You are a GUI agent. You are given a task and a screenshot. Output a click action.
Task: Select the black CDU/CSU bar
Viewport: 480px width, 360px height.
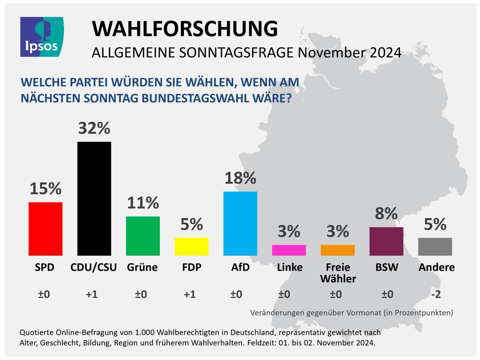click(94, 198)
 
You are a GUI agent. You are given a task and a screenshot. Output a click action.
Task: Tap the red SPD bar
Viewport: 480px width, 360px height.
click(46, 229)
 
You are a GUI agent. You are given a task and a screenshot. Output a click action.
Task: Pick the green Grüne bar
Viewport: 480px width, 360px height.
click(143, 236)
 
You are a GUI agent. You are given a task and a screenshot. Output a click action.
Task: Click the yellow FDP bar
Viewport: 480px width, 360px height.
click(192, 247)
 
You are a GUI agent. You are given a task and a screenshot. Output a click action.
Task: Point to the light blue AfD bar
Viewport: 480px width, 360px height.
click(240, 223)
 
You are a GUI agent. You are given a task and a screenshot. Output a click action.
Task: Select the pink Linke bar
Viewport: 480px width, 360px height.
click(289, 250)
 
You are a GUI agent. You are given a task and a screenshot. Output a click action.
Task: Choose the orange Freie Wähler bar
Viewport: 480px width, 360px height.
click(338, 250)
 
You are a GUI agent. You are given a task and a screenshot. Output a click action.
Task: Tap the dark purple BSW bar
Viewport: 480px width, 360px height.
click(386, 241)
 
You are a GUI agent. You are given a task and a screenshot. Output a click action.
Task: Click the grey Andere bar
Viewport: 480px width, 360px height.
click(435, 247)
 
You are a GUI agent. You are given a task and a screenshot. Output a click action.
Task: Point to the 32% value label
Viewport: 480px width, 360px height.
click(94, 129)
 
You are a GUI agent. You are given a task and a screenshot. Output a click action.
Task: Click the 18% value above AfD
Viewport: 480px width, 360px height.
click(240, 178)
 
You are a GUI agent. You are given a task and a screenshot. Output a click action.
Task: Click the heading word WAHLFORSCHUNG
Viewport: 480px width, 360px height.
click(184, 29)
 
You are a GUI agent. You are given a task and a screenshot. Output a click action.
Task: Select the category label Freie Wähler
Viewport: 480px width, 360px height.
click(338, 273)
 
